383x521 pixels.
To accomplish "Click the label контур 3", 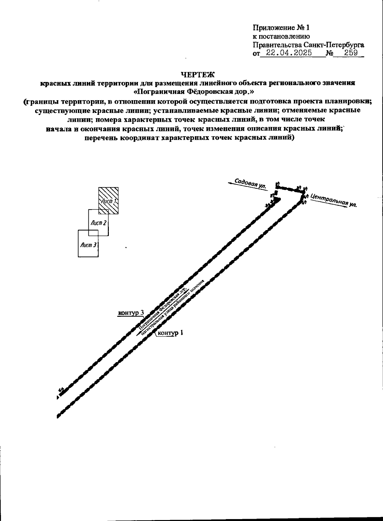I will coord(131,312).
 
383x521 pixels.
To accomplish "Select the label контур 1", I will coord(171,333).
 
